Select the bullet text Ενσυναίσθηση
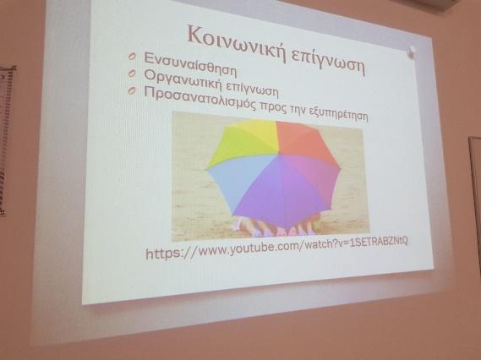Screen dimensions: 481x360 click(190, 65)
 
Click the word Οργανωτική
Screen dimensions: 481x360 click(183, 80)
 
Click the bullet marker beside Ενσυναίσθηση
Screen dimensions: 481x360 click(132, 57)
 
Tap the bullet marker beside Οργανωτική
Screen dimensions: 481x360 click(132, 74)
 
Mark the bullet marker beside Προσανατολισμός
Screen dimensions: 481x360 click(132, 90)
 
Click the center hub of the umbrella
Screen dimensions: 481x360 click(278, 153)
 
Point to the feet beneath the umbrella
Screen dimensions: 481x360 click(276, 227)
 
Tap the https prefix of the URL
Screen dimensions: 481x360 click(161, 254)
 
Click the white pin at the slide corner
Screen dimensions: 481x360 click(412, 52)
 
